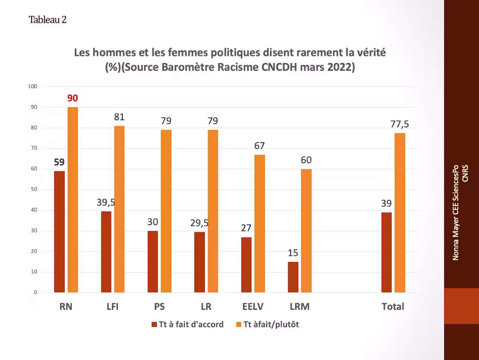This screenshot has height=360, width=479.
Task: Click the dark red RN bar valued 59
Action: coord(59,232)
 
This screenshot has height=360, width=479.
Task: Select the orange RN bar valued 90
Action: coord(73,200)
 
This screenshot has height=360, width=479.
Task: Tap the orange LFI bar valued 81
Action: coord(119,209)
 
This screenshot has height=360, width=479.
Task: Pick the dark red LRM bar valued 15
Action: coord(293,277)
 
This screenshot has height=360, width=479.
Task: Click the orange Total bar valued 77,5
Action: coord(400,213)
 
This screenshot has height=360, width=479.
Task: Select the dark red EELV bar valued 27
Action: coord(247,265)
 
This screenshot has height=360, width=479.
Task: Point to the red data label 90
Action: coord(72,98)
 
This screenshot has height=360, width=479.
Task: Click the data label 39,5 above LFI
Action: coord(106,202)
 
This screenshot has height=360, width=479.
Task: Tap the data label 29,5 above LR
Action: coord(199,223)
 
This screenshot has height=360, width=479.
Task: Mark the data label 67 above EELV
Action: coord(259,146)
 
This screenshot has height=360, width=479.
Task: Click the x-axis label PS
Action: coord(159,307)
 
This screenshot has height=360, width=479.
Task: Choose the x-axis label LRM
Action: coord(299,307)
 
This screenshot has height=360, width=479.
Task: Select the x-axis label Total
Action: coord(393,307)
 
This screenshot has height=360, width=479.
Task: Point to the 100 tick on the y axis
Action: coord(32,87)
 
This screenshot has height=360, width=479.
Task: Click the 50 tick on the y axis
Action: coord(34,190)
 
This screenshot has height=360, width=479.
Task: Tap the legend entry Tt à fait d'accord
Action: coord(188,324)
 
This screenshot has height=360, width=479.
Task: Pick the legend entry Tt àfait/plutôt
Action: coord(267,324)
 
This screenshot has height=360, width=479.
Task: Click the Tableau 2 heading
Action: coord(47,20)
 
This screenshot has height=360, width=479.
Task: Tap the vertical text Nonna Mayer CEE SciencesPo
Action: coord(455,212)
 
